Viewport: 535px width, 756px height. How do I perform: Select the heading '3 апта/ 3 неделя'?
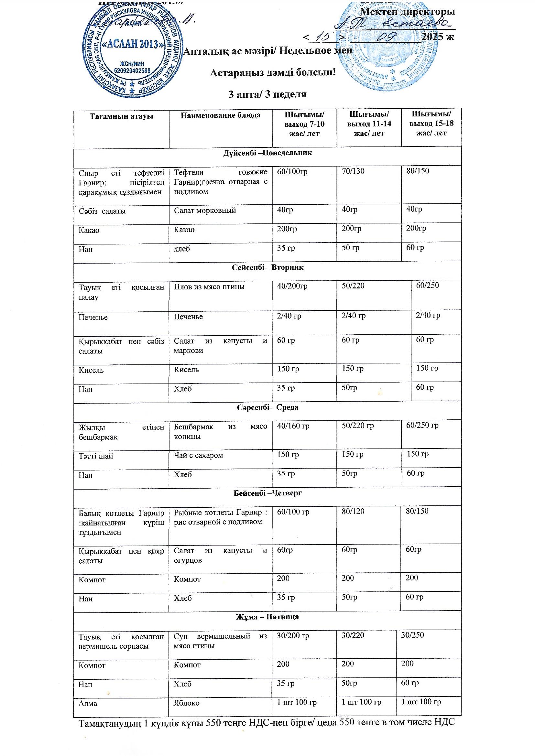[267, 94]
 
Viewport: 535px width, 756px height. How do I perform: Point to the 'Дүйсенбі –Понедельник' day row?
[267, 153]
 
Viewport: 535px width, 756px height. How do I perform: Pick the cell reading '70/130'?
[353, 171]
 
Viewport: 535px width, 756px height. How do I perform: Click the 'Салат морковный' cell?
[205, 211]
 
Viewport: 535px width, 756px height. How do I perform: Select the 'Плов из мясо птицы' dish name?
[209, 286]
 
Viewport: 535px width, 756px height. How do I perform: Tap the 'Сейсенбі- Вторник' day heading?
[267, 268]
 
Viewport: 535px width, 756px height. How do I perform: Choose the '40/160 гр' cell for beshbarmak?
[293, 426]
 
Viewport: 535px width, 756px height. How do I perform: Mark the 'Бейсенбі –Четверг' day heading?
[267, 493]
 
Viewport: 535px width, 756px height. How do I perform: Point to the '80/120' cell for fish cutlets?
[353, 511]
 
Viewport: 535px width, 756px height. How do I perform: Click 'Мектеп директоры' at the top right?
[408, 12]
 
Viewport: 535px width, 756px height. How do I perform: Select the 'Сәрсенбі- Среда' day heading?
[267, 407]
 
